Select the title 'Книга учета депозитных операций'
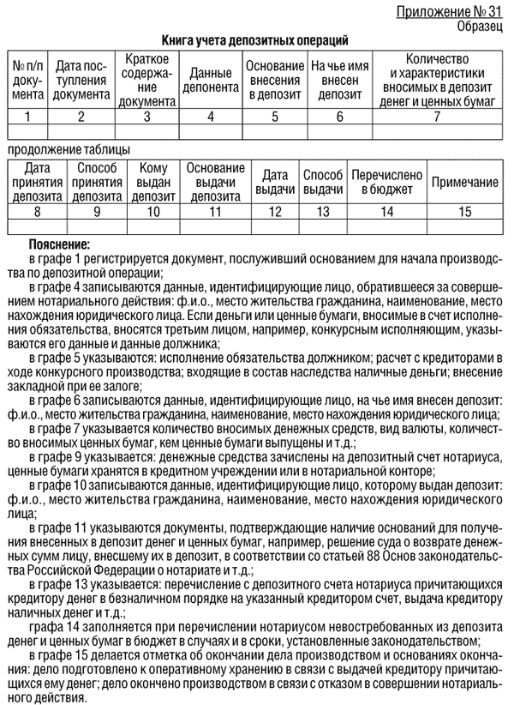tap(255, 39)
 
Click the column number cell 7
tap(439, 116)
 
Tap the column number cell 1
tap(28, 116)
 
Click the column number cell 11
tap(215, 210)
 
